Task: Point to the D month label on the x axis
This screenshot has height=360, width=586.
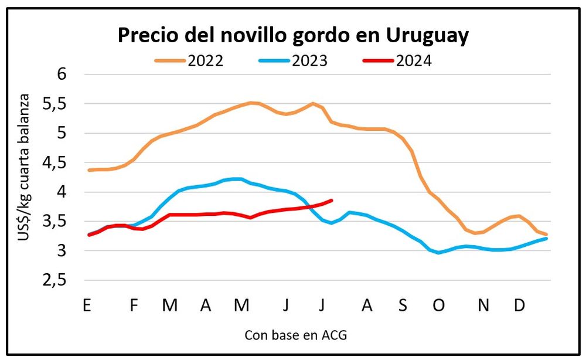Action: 519,305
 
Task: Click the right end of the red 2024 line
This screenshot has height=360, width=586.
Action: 332,201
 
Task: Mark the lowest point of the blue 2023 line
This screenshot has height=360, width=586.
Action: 438,253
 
